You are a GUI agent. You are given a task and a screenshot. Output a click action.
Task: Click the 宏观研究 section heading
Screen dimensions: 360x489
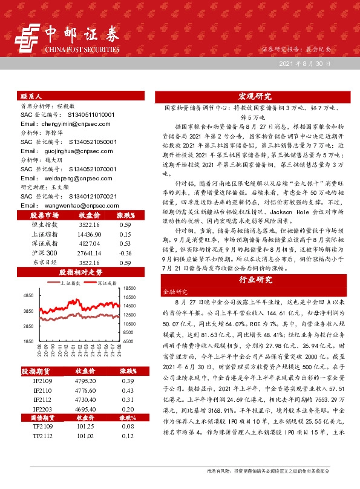pos(255,96)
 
